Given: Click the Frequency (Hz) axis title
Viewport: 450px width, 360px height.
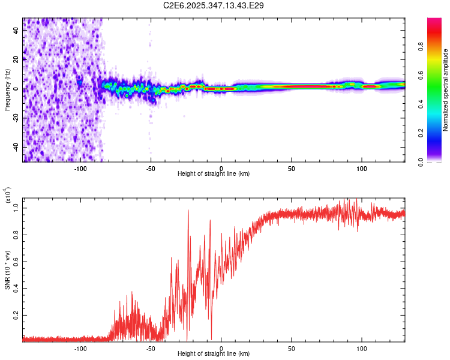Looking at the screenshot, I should click(7, 90).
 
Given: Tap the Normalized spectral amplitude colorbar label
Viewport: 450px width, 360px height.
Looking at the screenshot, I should click(445, 90).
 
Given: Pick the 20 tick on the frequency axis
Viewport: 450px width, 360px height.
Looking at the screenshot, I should click(17, 60).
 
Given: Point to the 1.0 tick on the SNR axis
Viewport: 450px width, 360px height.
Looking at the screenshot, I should click(17, 208).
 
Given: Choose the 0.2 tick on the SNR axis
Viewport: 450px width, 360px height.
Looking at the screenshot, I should click(17, 314).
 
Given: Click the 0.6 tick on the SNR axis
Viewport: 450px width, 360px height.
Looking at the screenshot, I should click(17, 261).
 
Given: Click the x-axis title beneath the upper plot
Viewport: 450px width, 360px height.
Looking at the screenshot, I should click(214, 174).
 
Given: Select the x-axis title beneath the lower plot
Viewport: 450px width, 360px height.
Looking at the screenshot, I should click(214, 354).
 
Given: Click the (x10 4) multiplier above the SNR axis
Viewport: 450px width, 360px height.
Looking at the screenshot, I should click(7, 197).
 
